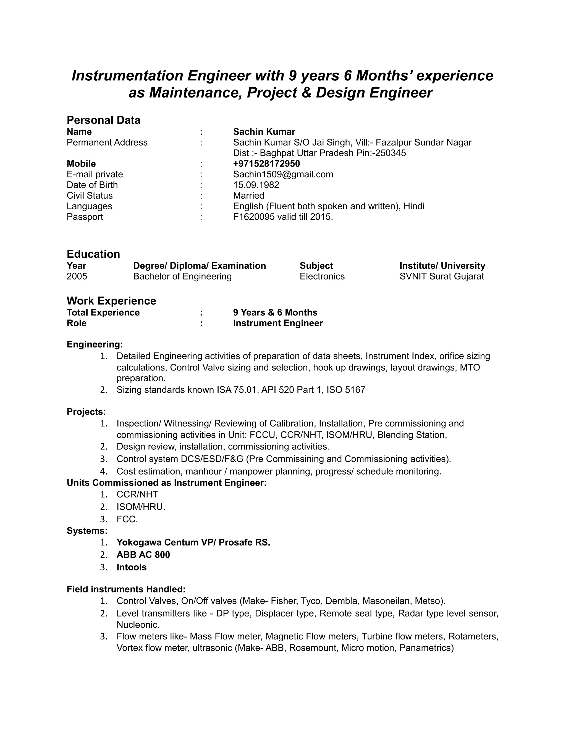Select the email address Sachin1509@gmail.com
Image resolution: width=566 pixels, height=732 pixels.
pyautogui.click(x=283, y=174)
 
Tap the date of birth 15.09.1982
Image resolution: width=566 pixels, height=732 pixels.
pyautogui.click(x=256, y=185)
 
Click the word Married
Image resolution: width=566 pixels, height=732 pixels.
pyautogui.click(x=248, y=195)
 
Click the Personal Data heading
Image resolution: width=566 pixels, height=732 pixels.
pyautogui.click(x=103, y=120)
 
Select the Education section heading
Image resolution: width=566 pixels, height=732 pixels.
pyautogui.click(x=93, y=254)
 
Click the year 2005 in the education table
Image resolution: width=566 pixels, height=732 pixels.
pyautogui.click(x=77, y=277)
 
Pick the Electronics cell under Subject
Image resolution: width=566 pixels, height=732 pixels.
pyautogui.click(x=322, y=277)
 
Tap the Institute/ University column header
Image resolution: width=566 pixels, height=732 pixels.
pyautogui.click(x=442, y=266)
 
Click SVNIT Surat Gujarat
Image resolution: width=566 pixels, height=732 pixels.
pyautogui.click(x=442, y=277)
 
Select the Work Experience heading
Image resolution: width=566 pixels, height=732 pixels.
pyautogui.click(x=111, y=301)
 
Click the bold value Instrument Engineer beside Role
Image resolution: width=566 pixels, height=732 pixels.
pyautogui.click(x=278, y=323)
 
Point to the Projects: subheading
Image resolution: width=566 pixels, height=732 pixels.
pyautogui.click(x=86, y=412)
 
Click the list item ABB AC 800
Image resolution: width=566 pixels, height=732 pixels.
pyautogui.click(x=143, y=555)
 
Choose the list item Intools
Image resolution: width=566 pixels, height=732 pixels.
pyautogui.click(x=132, y=567)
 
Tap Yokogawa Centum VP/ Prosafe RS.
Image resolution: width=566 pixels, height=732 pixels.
pyautogui.click(x=193, y=542)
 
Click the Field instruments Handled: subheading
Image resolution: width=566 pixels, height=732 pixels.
pyautogui.click(x=126, y=589)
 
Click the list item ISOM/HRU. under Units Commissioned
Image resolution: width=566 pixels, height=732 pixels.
pyautogui.click(x=141, y=507)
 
